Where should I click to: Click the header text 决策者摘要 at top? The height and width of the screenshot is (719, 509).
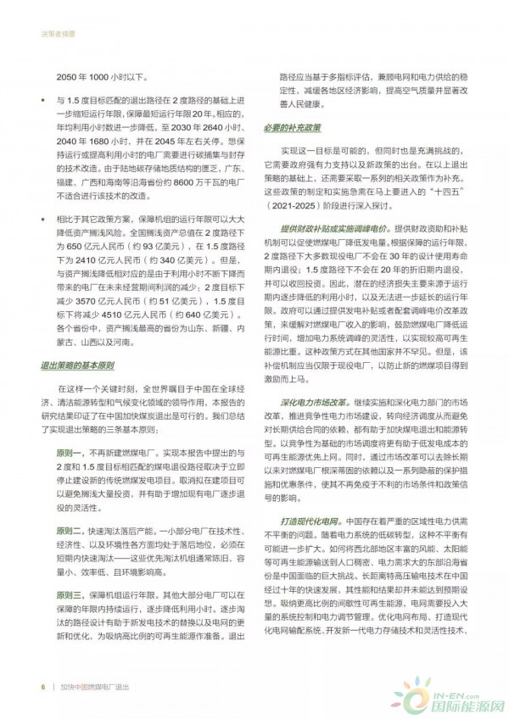57,35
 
